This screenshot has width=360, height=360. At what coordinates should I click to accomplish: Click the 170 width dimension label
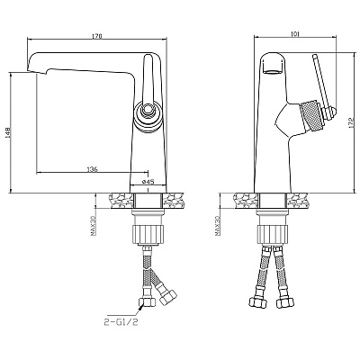tap(97, 36)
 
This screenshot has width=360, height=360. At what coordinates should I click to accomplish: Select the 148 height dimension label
tap(7, 133)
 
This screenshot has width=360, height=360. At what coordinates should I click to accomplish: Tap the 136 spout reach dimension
tap(93, 169)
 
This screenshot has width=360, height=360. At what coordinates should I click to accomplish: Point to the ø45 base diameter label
tap(148, 182)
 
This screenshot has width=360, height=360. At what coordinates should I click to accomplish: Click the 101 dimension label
tap(295, 34)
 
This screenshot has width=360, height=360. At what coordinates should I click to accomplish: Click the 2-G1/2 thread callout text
tap(121, 322)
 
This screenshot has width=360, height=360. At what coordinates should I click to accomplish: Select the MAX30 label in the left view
tap(93, 226)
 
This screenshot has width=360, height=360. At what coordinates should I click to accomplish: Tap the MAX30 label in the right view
tap(218, 226)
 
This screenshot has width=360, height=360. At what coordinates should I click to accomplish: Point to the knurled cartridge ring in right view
tap(311, 114)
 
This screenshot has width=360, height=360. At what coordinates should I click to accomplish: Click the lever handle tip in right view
tap(315, 57)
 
